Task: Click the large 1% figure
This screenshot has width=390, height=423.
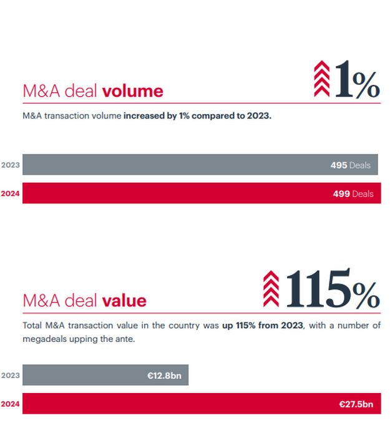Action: tap(356, 81)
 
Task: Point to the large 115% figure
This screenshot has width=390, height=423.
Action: tap(331, 290)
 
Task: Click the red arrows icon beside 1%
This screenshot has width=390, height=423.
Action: tap(321, 79)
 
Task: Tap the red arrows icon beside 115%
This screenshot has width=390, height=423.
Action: tap(271, 288)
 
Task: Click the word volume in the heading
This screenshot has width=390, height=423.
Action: tap(132, 91)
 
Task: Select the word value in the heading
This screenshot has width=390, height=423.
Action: tap(124, 301)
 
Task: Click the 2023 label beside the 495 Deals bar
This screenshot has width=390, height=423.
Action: tap(10, 165)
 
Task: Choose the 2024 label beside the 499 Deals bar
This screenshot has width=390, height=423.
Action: tap(10, 194)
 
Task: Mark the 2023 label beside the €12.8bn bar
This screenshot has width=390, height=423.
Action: tap(10, 376)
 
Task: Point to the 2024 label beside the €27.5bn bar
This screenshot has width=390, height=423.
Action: tap(10, 404)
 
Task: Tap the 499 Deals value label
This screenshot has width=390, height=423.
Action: tap(353, 194)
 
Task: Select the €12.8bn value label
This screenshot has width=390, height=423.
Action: tap(163, 376)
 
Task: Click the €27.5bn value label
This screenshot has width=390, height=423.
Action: tap(356, 404)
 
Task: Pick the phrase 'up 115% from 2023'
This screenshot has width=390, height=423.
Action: tap(262, 326)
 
